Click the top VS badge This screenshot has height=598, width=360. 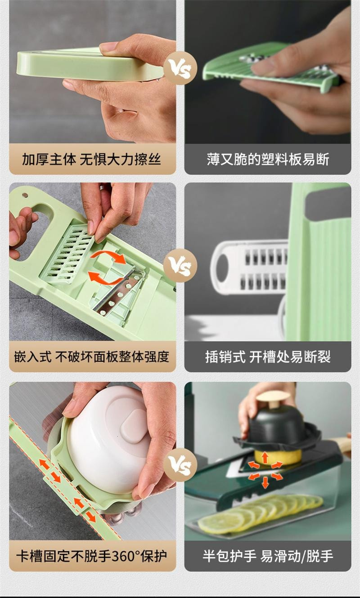click(x=180, y=68)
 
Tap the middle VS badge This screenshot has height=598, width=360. click(x=180, y=265)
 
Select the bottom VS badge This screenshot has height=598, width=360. click(x=180, y=465)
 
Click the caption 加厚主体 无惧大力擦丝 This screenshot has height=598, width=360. click(x=91, y=159)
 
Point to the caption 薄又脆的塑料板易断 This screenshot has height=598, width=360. click(x=268, y=159)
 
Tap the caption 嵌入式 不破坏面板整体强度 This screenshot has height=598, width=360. click(x=91, y=357)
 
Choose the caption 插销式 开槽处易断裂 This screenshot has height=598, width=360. click(x=268, y=357)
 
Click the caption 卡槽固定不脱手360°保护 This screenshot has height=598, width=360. click(x=91, y=556)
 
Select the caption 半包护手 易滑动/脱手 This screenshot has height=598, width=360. click(x=268, y=556)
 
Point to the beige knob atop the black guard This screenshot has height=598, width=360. click(x=273, y=400)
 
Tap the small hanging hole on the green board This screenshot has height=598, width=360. click(x=25, y=195)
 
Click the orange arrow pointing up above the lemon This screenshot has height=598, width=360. click(x=265, y=457)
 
